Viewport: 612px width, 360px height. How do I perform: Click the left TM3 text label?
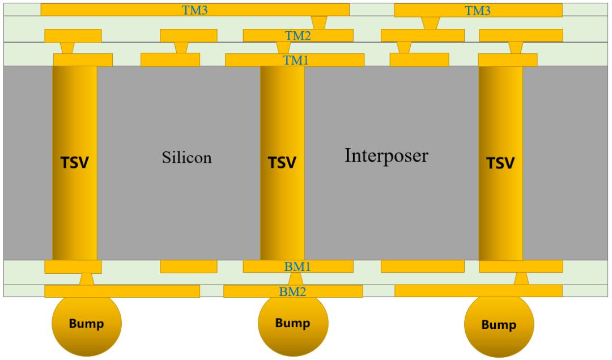(194, 10)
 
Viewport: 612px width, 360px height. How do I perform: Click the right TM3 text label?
(477, 11)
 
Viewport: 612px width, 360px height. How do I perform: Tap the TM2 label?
(298, 36)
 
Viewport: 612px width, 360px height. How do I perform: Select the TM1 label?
(295, 60)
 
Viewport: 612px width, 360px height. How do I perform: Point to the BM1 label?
(297, 266)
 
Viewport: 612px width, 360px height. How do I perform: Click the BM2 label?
(292, 291)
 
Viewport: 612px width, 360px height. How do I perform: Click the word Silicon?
(187, 158)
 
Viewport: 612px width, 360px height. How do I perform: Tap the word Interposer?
(386, 156)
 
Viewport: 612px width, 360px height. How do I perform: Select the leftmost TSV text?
(75, 163)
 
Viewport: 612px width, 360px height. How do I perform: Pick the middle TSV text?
(282, 163)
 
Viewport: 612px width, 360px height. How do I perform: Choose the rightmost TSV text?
(500, 163)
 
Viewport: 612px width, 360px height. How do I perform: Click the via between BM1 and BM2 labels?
(295, 279)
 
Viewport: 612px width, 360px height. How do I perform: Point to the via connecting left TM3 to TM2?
(319, 23)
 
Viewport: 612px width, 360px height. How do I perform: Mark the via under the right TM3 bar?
(431, 23)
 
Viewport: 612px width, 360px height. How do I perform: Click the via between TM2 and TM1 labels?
(283, 48)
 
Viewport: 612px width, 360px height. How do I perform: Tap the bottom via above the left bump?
(86, 279)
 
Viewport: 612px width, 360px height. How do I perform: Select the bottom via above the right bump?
(521, 279)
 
